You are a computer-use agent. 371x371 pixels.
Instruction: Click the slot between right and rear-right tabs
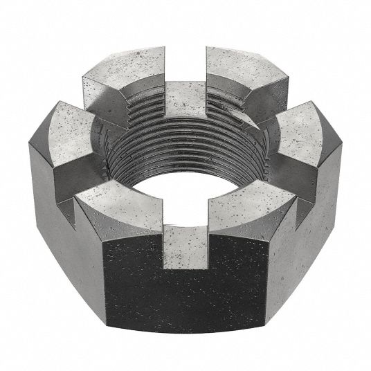[x=277, y=97]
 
